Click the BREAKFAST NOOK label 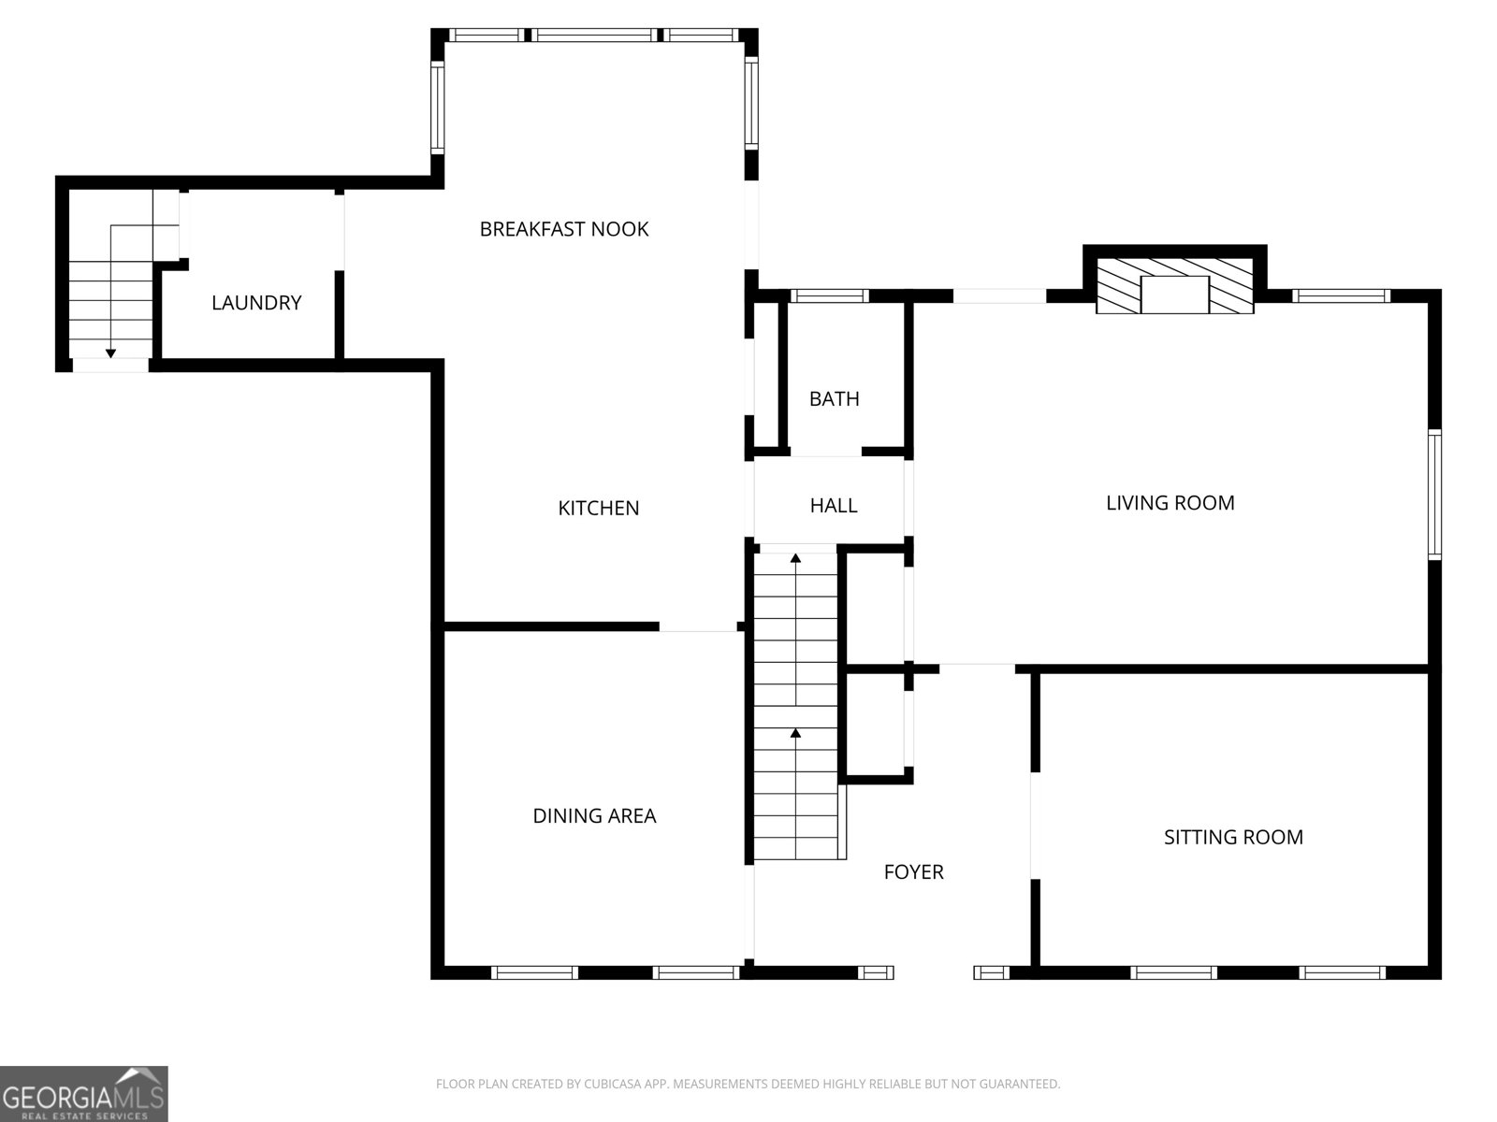click(x=564, y=229)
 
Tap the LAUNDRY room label click(x=256, y=302)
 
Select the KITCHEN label click(x=598, y=509)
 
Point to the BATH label click(x=834, y=399)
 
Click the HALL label click(x=834, y=506)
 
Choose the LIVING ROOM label click(x=1170, y=503)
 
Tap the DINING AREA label click(x=594, y=815)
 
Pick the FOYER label click(x=913, y=872)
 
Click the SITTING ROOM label click(x=1233, y=837)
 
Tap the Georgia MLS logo click(x=84, y=1093)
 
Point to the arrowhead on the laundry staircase click(x=110, y=353)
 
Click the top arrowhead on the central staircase click(x=795, y=558)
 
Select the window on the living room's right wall click(x=1435, y=495)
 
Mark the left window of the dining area click(x=534, y=972)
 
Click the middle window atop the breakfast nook click(x=594, y=35)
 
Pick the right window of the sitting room click(x=1343, y=972)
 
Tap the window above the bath click(x=829, y=295)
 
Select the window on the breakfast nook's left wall click(x=438, y=107)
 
